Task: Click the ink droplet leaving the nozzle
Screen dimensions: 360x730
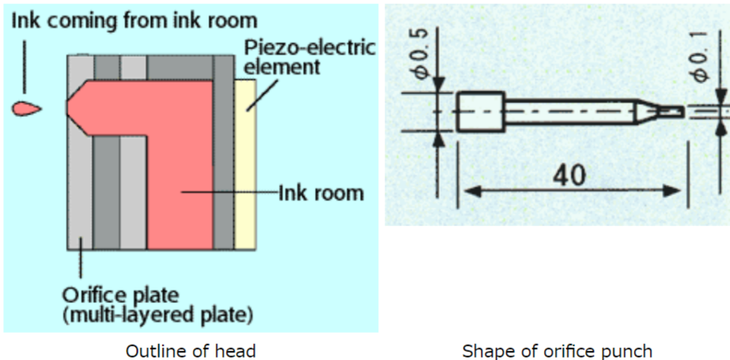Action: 26,108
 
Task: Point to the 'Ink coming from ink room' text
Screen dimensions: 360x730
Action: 134,18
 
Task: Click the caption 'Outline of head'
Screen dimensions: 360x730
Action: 190,350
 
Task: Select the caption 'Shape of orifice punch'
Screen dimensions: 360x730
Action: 558,350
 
